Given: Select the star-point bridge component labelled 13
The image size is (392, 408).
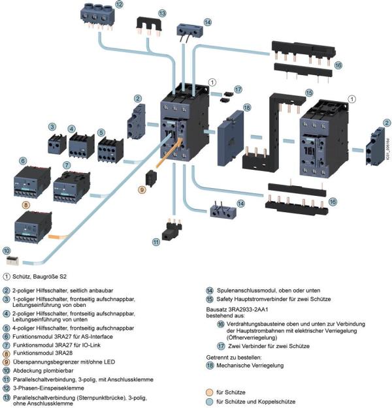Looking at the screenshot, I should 150,26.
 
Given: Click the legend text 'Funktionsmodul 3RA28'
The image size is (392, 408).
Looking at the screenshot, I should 50,352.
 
